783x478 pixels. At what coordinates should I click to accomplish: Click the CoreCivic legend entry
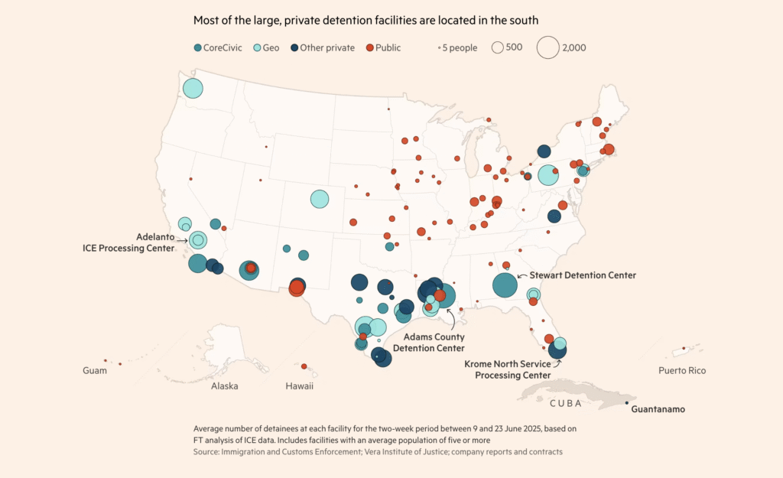tap(218, 48)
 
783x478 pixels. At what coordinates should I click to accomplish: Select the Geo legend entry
tap(266, 48)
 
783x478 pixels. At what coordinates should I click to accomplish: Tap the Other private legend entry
tap(323, 48)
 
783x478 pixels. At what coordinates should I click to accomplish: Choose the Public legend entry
tap(383, 48)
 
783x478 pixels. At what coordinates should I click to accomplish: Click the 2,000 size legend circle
tap(547, 48)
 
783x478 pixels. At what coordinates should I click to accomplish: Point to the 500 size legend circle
tap(497, 47)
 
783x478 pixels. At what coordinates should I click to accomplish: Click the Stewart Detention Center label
tap(583, 275)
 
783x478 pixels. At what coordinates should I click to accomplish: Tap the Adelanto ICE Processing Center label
tap(128, 242)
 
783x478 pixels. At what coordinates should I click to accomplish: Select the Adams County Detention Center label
tap(429, 343)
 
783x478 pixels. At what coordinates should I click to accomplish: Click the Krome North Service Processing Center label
tap(508, 369)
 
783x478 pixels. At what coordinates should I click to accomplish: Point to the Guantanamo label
tap(658, 409)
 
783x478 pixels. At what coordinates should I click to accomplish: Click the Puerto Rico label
tap(682, 371)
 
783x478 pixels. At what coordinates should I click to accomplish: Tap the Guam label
tap(95, 371)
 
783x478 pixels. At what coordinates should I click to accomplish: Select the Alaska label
tap(224, 386)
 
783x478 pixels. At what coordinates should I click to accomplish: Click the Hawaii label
tap(300, 386)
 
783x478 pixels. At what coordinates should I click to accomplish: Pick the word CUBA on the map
tap(566, 403)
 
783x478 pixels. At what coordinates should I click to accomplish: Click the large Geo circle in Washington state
tap(193, 89)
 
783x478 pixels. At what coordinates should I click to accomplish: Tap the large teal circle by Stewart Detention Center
tap(505, 285)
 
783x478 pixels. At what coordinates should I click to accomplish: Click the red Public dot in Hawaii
tap(304, 366)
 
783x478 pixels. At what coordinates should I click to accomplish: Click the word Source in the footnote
tap(205, 452)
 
